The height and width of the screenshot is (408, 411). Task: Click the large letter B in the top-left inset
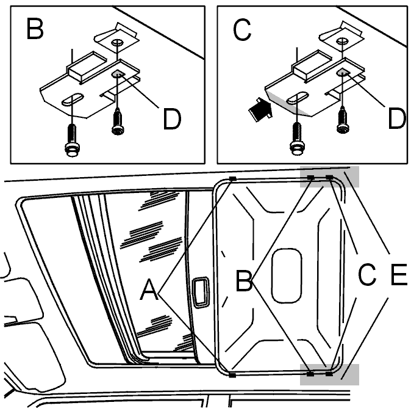pos(35,29)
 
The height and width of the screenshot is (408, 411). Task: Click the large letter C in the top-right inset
pos(242,30)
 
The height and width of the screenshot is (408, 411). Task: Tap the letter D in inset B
pos(172,120)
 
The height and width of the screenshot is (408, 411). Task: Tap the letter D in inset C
pos(397,119)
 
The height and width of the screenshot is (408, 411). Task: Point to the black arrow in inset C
pos(260,109)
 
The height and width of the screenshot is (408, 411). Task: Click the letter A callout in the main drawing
pos(149,290)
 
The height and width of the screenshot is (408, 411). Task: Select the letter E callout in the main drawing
pos(399,275)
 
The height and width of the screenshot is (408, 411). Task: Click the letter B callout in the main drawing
pos(244,281)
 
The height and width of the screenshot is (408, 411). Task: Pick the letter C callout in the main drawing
pos(367,275)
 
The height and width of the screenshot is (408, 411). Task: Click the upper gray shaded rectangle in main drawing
pos(329,177)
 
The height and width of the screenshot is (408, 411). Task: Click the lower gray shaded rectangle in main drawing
pos(329,374)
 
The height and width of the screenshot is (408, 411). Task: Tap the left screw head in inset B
pos(71,150)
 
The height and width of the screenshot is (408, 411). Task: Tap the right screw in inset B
pos(118,122)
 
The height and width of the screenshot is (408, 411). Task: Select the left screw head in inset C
pos(297,149)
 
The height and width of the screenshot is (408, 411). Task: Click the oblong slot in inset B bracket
pos(73,99)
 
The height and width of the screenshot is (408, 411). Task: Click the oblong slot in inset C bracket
pos(298,98)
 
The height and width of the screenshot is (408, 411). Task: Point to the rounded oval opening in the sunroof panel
pos(287,275)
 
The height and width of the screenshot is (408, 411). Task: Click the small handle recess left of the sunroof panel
pos(201,292)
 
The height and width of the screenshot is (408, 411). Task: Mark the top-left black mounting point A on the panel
pos(232,179)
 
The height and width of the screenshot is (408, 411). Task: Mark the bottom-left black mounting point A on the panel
pos(232,375)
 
